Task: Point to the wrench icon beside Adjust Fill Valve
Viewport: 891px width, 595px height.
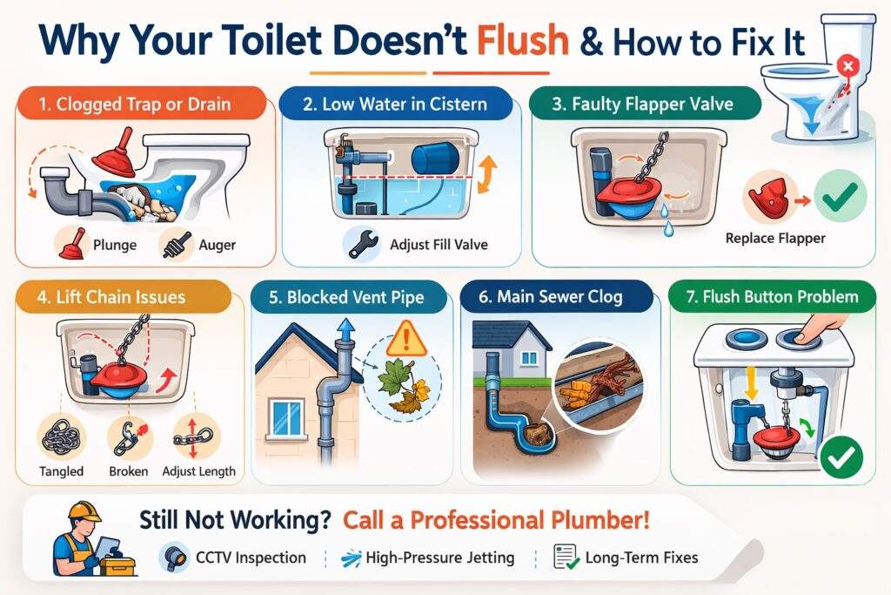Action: (x=361, y=244)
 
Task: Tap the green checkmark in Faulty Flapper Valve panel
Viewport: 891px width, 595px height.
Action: (x=839, y=195)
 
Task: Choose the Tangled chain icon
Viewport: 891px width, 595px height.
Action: (x=61, y=438)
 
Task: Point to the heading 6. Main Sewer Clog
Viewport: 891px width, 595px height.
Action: (x=551, y=297)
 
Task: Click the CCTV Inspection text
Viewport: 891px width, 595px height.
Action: (x=250, y=557)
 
